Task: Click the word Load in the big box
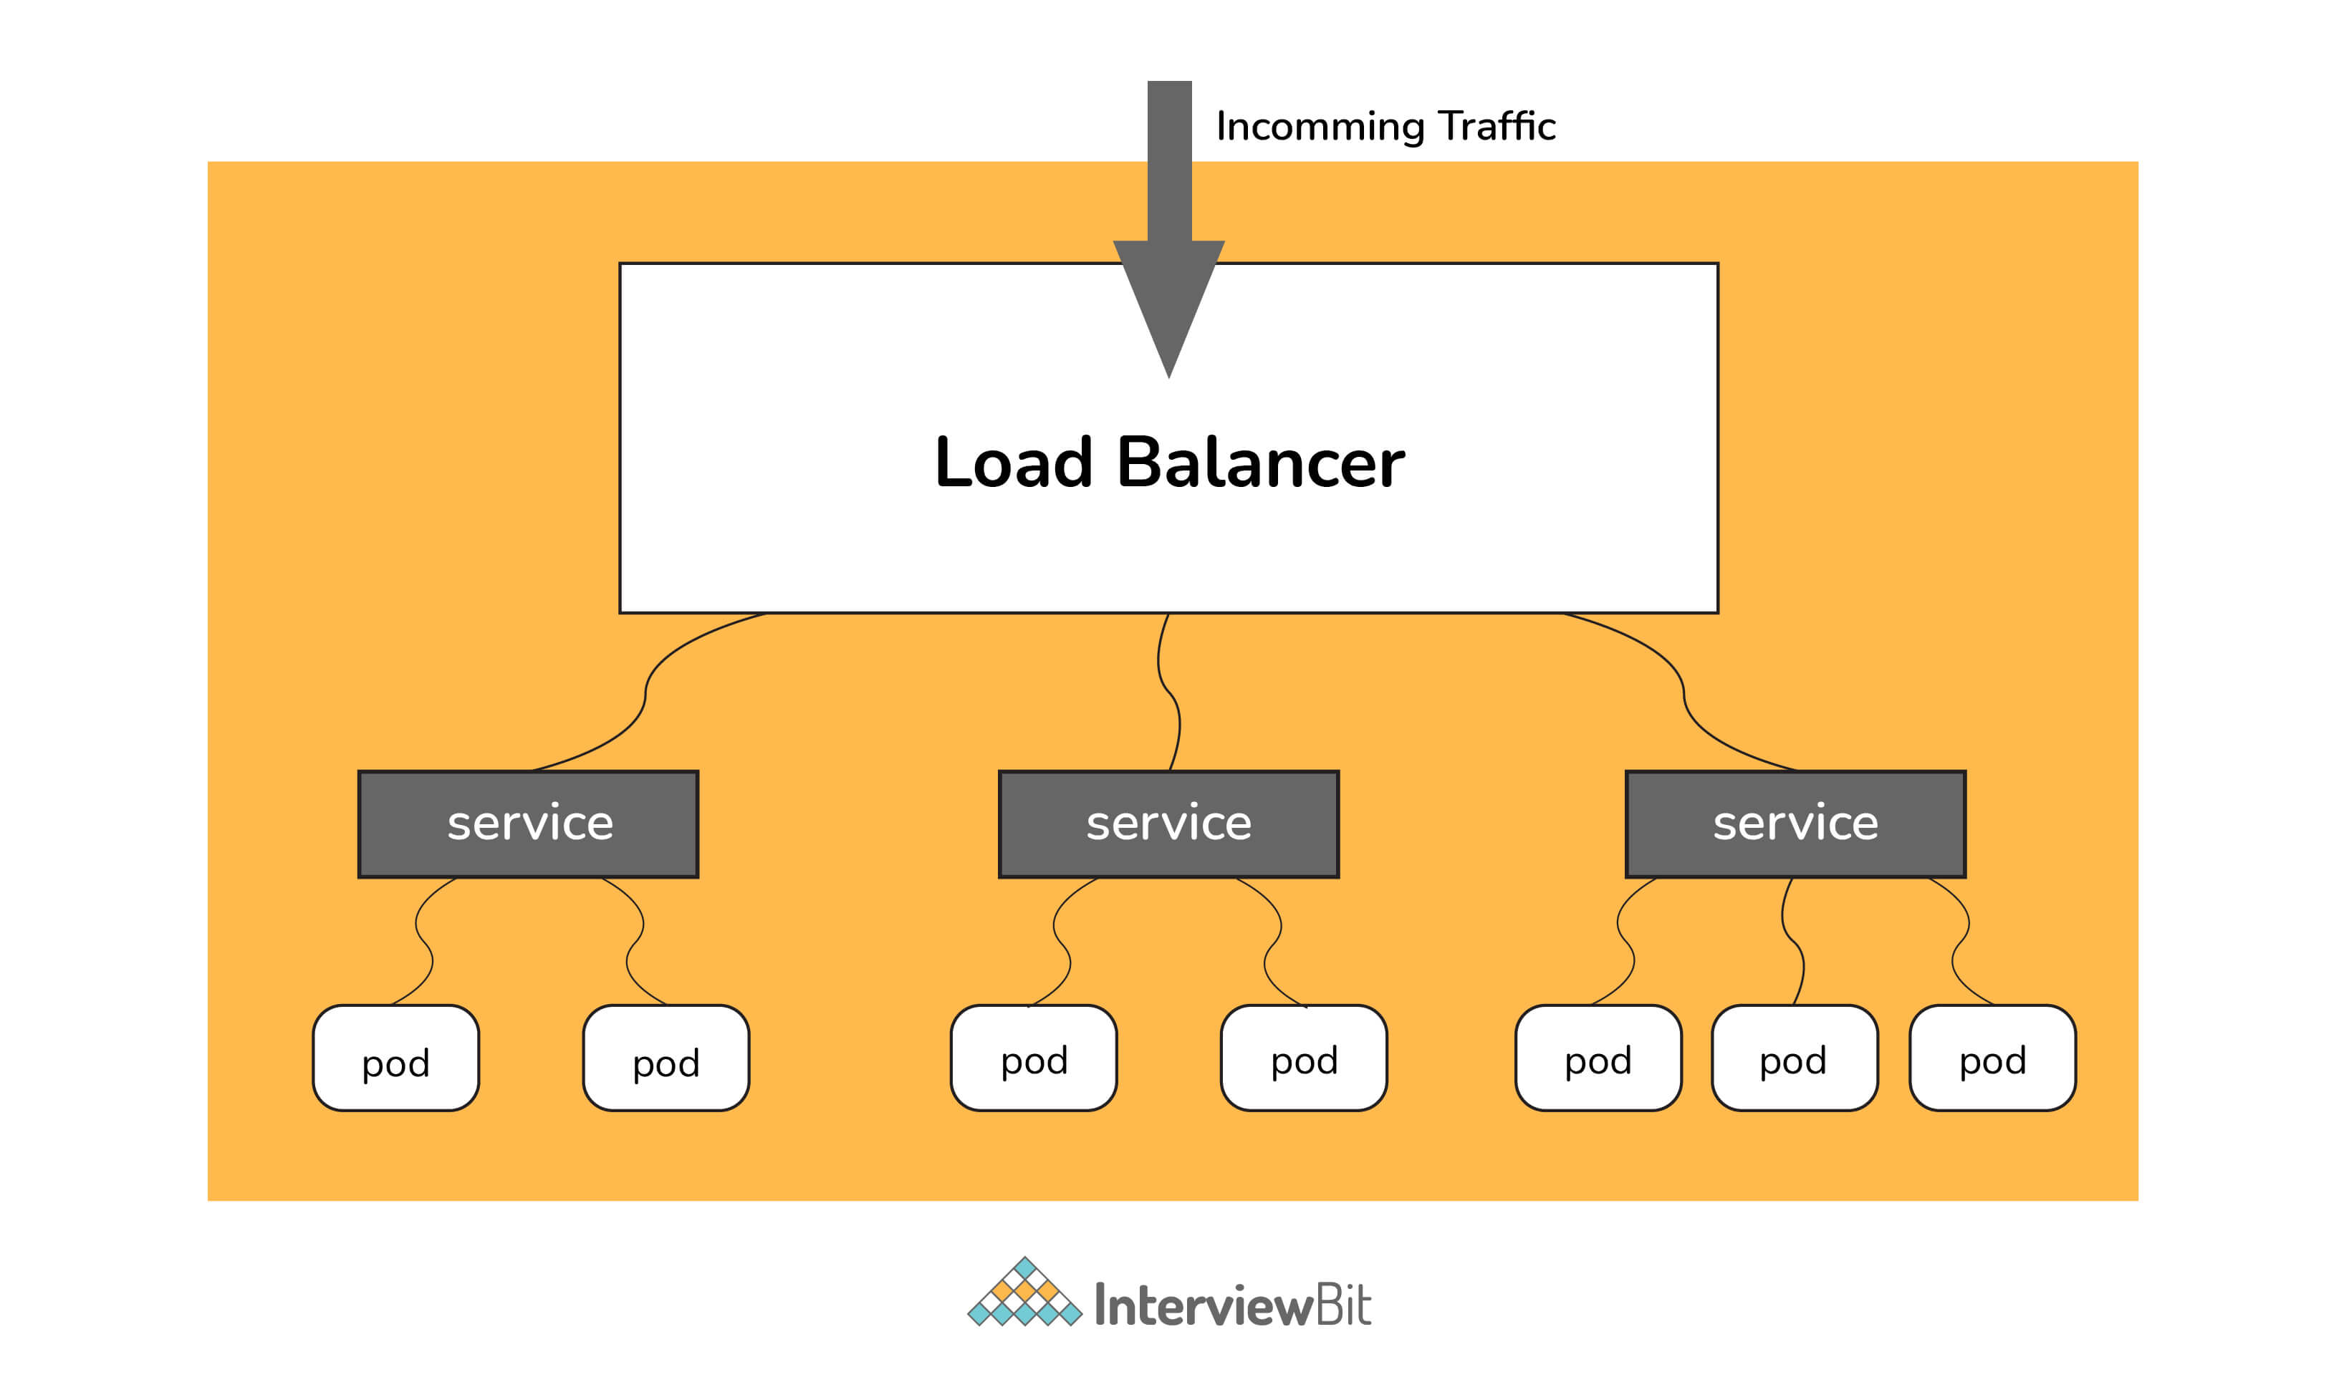[1014, 463]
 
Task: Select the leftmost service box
[529, 824]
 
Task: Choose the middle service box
[1168, 824]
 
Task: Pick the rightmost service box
[1795, 824]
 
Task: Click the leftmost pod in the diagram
[395, 1058]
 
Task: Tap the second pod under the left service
[666, 1058]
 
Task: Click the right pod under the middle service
[1304, 1058]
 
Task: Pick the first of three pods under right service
[1598, 1058]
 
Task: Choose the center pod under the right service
[1794, 1058]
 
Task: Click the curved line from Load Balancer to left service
[645, 695]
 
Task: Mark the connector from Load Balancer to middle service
[1170, 693]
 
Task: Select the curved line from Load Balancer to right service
[1684, 695]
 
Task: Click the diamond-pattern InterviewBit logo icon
[1024, 1293]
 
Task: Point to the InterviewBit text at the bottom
[1231, 1305]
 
